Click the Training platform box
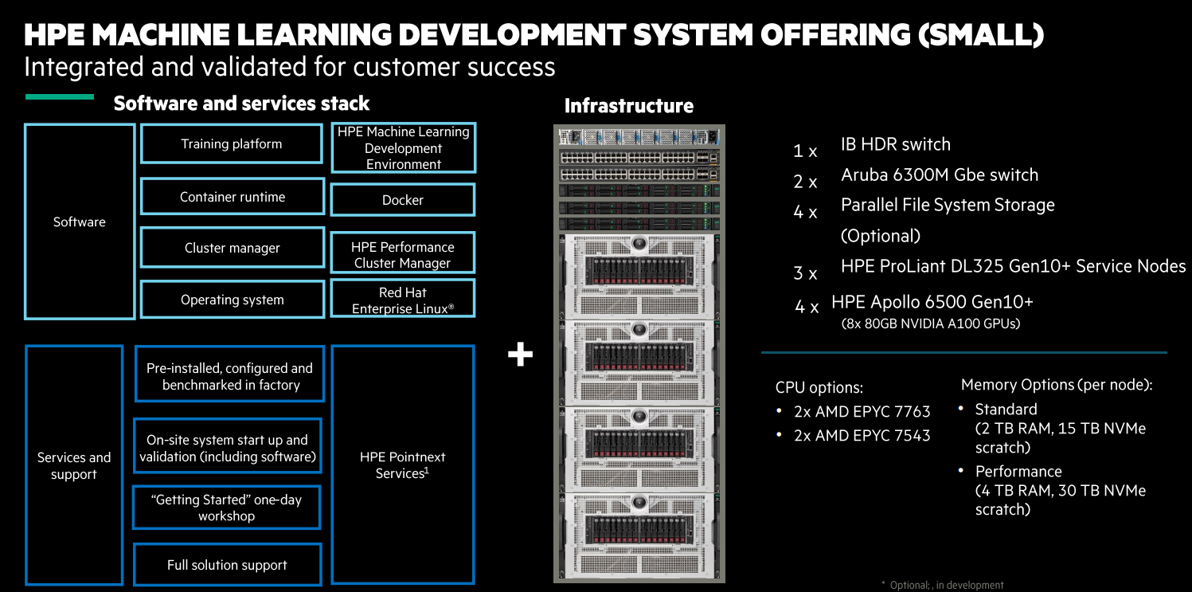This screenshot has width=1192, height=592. (232, 144)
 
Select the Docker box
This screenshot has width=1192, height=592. (403, 200)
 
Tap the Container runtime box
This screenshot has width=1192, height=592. (232, 197)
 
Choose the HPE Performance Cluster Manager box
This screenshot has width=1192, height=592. (403, 254)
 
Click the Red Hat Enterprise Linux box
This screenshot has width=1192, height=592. (403, 300)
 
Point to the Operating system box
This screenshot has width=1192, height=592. (232, 300)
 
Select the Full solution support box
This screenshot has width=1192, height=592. (227, 565)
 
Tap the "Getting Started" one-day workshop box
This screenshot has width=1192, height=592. (226, 508)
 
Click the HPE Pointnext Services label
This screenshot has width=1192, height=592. (403, 465)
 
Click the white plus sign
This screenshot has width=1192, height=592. (520, 355)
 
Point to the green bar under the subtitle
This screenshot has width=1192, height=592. (60, 97)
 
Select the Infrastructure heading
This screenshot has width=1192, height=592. (628, 106)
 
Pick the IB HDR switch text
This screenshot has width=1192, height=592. (895, 144)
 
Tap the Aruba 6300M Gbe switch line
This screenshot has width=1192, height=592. (940, 174)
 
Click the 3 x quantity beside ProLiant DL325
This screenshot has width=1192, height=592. (805, 274)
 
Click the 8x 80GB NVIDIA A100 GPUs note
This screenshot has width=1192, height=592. (930, 323)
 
